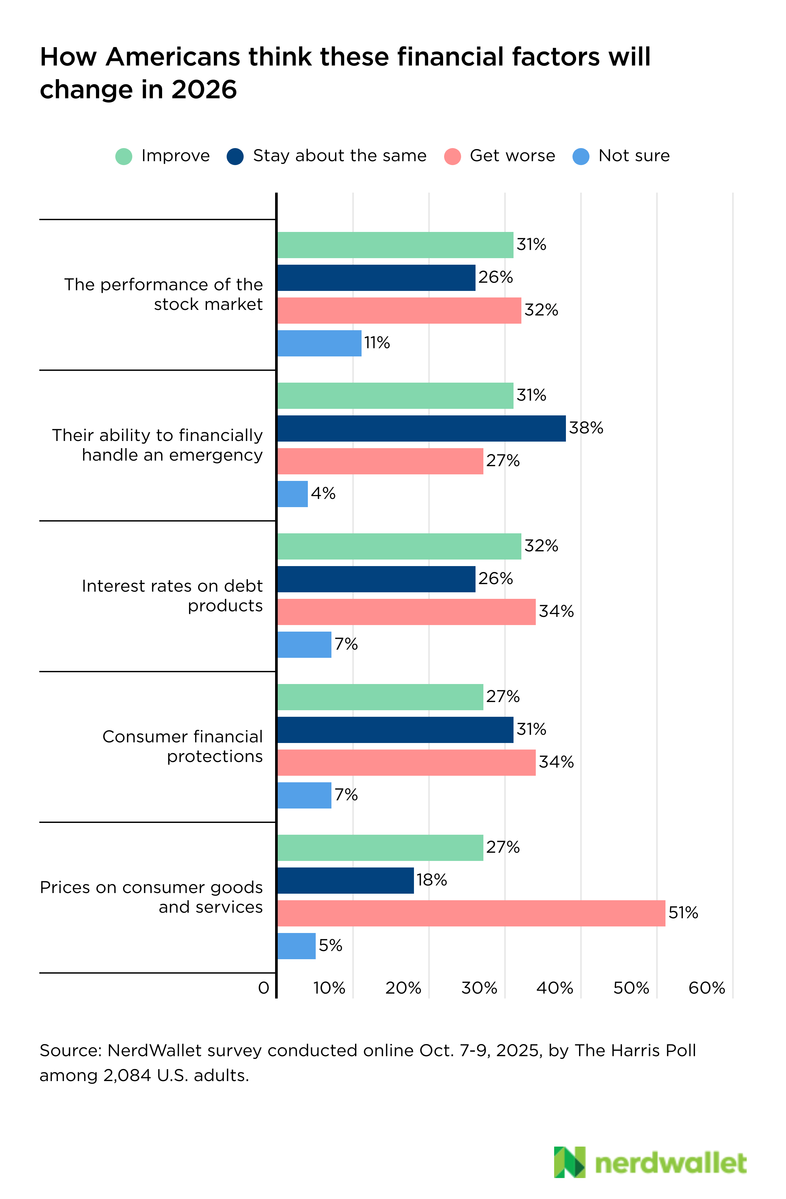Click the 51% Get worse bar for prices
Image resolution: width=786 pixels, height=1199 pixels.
tap(471, 913)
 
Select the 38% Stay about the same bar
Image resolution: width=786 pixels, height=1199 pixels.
tap(421, 428)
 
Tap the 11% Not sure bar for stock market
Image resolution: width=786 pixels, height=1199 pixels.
tap(319, 343)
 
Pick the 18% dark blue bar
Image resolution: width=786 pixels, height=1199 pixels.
tap(346, 880)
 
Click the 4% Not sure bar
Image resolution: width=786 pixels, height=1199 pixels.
tap(292, 494)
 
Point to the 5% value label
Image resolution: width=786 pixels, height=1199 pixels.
tap(330, 945)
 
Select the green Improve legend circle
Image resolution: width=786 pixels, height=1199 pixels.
tap(124, 156)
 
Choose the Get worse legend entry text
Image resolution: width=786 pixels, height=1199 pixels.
tap(512, 156)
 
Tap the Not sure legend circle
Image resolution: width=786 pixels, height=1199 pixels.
tap(581, 156)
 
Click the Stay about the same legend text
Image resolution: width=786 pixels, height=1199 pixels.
tap(339, 156)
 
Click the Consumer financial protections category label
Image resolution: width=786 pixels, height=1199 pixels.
tap(183, 746)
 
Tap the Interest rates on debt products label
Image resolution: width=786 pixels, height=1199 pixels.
tap(173, 596)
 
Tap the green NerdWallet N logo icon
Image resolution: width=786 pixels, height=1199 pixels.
tap(570, 1162)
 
